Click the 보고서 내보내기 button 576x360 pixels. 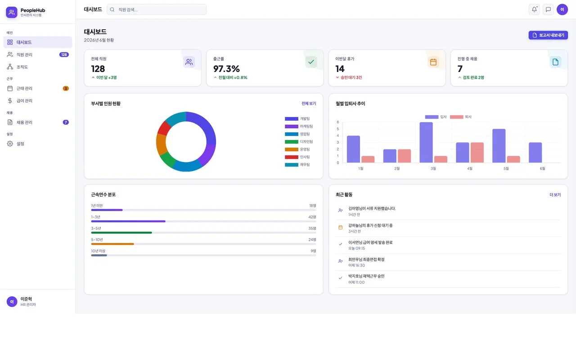(548, 35)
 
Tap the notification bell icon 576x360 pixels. (534, 9)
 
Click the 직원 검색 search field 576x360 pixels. (157, 9)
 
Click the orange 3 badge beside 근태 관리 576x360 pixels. (66, 89)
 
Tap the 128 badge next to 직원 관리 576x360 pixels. (64, 54)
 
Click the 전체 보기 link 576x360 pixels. (309, 103)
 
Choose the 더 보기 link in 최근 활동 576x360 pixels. (555, 195)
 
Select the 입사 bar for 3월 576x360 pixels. (426, 143)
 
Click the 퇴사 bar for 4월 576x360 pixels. (477, 153)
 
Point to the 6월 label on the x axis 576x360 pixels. (542, 168)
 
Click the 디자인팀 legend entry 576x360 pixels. (299, 142)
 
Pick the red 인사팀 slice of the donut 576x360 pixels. (164, 128)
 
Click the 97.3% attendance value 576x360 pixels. (226, 69)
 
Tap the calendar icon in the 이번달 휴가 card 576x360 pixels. (433, 62)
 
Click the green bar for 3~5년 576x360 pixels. (121, 233)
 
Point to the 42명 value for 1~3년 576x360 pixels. (312, 217)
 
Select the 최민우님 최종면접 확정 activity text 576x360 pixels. (366, 259)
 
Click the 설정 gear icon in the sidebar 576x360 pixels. (10, 144)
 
